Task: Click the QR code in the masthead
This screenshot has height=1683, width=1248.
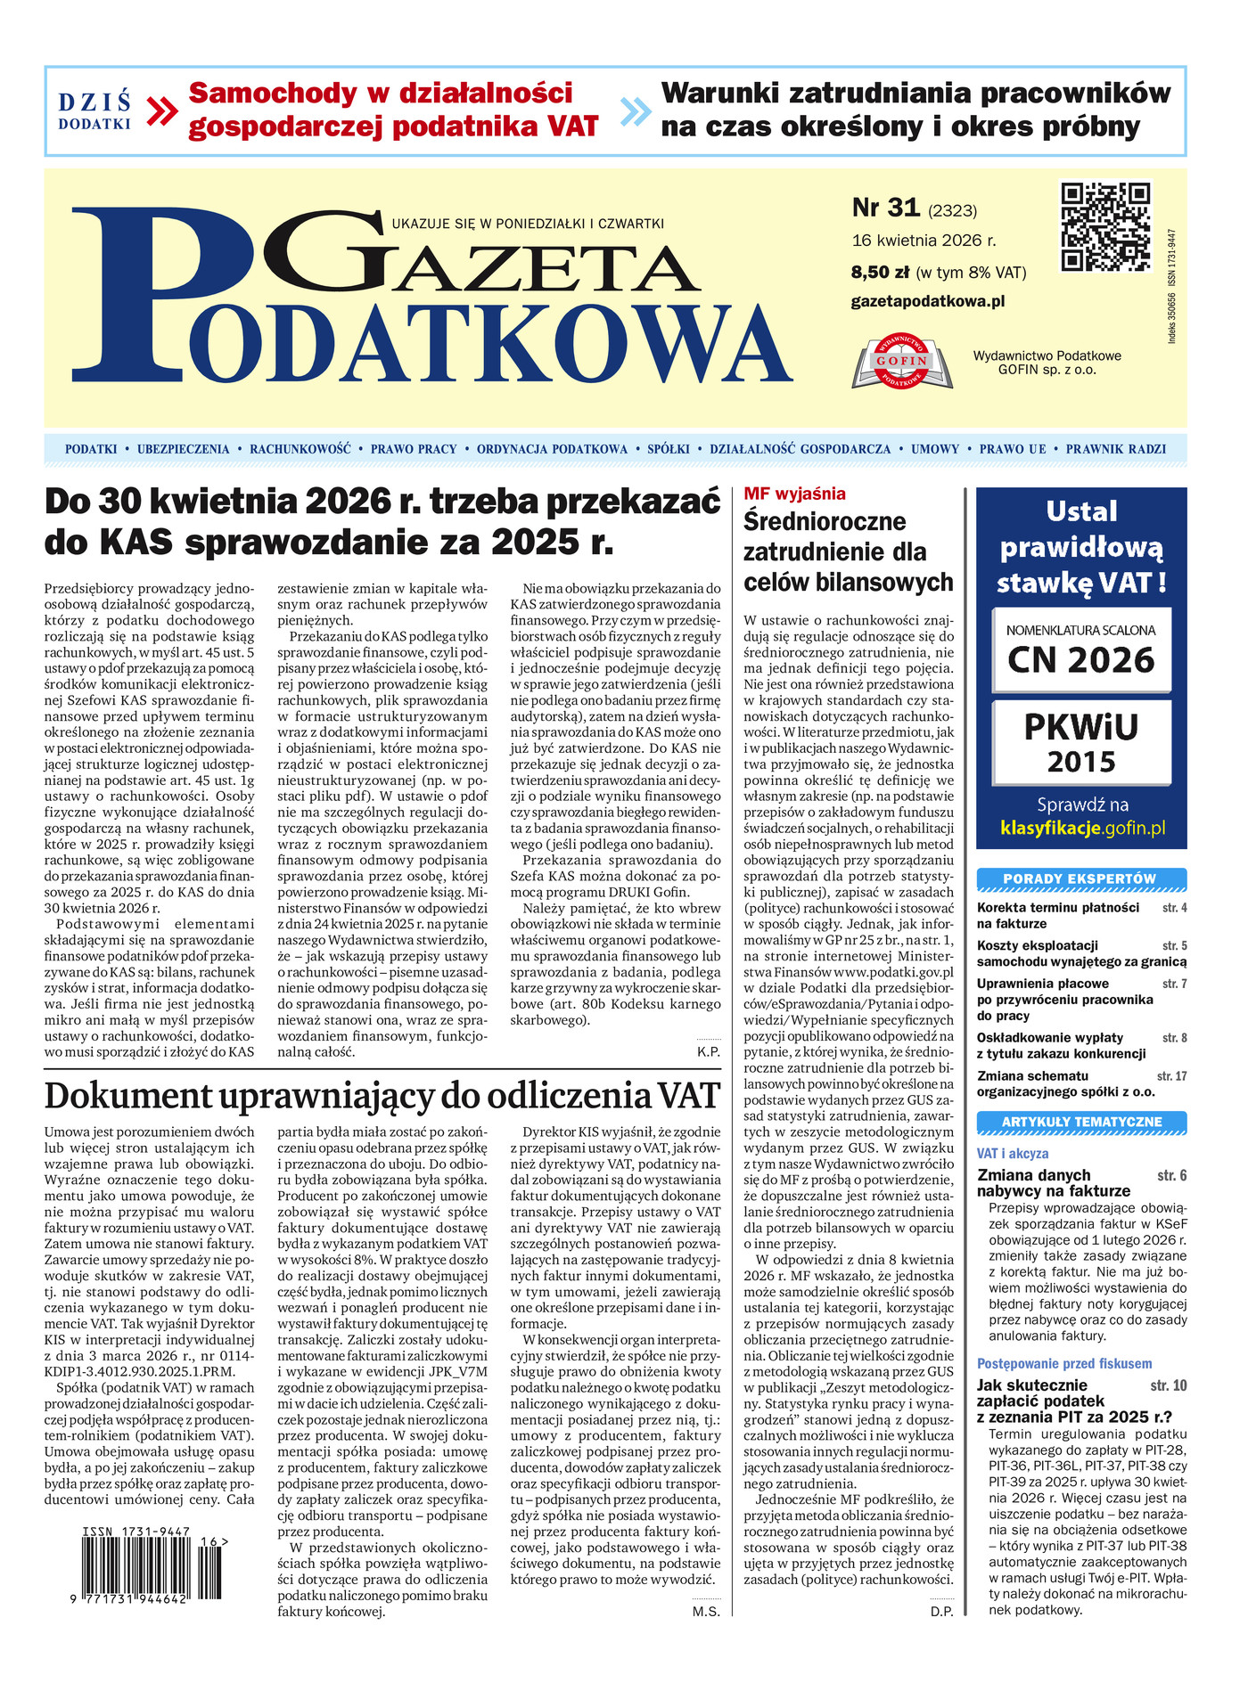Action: [1105, 226]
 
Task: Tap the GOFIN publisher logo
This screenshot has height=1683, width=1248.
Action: [902, 362]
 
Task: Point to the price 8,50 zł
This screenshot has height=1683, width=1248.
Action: [880, 273]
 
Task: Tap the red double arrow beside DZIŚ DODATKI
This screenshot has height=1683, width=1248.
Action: [161, 111]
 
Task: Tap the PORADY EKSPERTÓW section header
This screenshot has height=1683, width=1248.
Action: [1080, 879]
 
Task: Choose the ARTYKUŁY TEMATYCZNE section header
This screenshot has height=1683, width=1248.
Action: [1080, 1122]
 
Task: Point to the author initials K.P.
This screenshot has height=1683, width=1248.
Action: [708, 1052]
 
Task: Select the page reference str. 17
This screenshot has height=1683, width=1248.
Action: [1171, 1076]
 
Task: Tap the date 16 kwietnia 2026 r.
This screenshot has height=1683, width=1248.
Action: [924, 241]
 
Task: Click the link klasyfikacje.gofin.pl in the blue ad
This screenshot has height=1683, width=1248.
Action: [1082, 829]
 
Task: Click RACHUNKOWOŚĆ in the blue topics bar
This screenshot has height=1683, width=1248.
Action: [300, 449]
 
